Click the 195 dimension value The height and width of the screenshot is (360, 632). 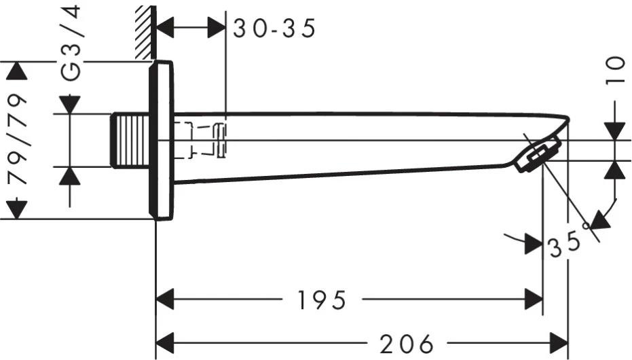[x=320, y=300]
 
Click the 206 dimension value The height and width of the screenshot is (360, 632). [x=407, y=344]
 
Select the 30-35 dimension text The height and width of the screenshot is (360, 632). [x=275, y=29]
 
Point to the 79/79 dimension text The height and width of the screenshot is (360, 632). [x=18, y=140]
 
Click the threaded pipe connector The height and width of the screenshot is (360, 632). [x=129, y=141]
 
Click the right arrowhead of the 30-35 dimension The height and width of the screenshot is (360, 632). [x=217, y=28]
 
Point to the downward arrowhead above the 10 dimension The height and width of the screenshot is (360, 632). [x=614, y=131]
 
